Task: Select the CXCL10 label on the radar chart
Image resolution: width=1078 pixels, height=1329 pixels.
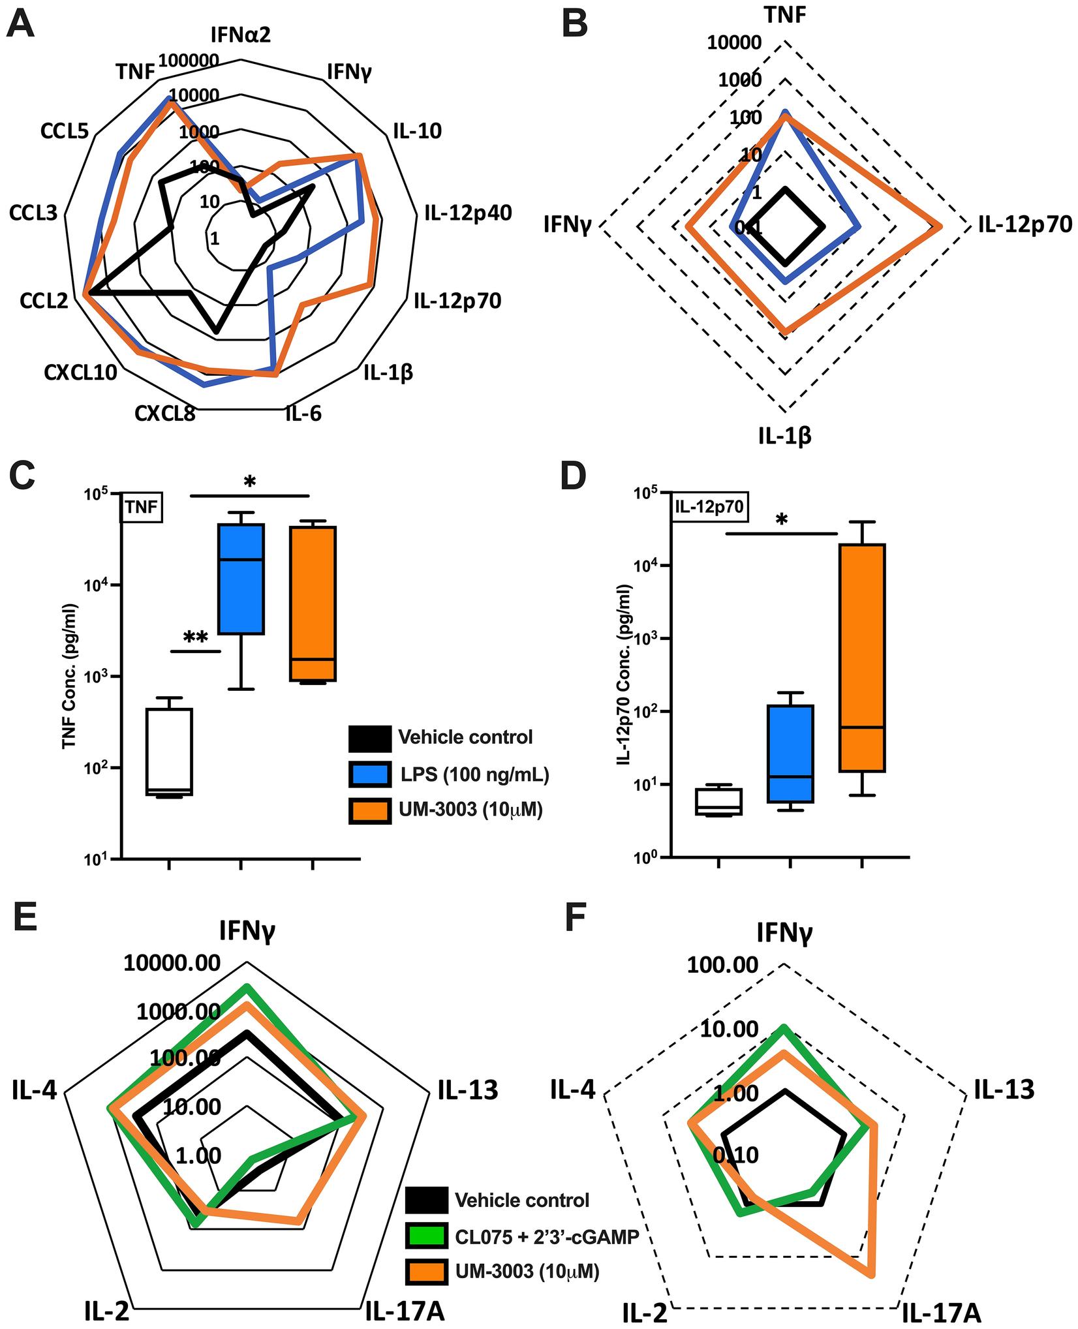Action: [81, 373]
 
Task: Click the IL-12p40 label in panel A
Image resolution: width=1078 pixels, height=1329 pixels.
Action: [468, 212]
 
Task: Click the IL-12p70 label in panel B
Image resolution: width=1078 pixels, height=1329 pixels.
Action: [1024, 224]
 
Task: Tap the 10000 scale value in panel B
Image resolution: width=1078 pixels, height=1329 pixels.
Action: [733, 43]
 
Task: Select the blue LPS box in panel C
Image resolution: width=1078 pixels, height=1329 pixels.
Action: [241, 578]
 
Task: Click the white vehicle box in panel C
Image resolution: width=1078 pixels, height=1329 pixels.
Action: [169, 751]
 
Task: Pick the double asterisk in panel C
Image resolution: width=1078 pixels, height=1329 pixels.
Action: [195, 638]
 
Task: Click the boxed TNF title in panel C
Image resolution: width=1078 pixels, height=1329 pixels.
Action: [142, 507]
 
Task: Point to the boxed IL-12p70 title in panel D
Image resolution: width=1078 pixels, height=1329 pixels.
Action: [709, 507]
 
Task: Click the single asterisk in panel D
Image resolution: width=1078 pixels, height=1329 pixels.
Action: [781, 520]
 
